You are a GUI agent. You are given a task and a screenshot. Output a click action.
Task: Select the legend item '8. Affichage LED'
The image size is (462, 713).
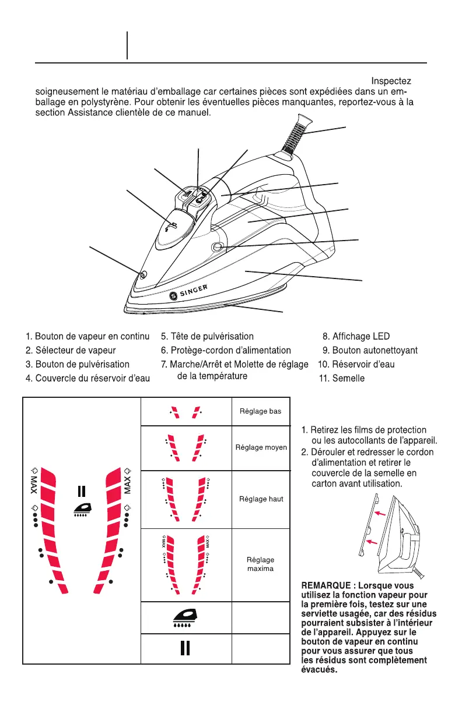pos(356,336)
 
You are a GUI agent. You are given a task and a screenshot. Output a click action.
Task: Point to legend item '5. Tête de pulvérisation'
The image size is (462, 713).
pos(207,336)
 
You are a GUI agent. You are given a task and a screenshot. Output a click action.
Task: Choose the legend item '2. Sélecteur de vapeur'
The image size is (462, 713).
pos(71,350)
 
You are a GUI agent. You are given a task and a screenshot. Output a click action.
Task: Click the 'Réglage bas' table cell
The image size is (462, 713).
pos(260,411)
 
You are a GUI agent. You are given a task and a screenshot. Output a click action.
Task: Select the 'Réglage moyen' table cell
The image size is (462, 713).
pos(261,447)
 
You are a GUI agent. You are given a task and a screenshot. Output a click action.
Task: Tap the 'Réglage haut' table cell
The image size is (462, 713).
pos(261,499)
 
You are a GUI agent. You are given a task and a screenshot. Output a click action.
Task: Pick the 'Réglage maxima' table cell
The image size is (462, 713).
pos(261,564)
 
